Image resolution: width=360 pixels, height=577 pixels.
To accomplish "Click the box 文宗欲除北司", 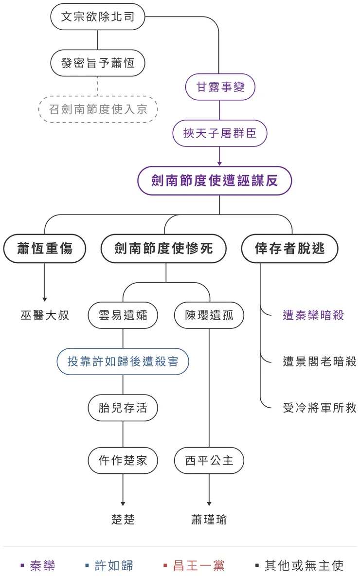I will (97, 17).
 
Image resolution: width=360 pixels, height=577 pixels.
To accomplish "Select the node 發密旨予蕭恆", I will (97, 63).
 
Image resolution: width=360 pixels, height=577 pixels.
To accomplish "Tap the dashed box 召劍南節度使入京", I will (98, 109).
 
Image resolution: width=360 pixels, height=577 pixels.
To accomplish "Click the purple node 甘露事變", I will (220, 87).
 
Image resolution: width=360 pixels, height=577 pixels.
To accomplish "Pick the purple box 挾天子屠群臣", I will (220, 133).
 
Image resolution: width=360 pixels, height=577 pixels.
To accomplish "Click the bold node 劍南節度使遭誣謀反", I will (215, 181).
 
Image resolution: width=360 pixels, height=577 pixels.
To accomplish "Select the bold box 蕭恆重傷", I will (45, 249).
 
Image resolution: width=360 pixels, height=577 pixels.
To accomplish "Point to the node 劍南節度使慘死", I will (163, 249).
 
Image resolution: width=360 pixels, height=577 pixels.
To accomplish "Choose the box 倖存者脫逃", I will (289, 249).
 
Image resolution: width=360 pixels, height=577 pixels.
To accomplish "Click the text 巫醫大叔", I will (45, 315).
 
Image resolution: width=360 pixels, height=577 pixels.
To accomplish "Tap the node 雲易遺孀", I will (123, 315).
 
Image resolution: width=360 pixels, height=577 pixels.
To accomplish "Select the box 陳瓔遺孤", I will (209, 315).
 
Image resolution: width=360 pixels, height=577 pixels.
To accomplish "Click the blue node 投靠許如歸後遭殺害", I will (123, 361).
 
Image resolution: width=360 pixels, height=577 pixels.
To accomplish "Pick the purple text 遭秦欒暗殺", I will (313, 315).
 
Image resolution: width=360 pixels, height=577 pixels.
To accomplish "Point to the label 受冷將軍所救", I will (320, 408).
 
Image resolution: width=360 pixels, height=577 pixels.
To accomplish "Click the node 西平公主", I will (209, 460).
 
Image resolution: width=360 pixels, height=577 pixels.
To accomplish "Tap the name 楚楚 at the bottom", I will (123, 520).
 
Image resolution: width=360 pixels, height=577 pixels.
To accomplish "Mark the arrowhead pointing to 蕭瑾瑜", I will (209, 504).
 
